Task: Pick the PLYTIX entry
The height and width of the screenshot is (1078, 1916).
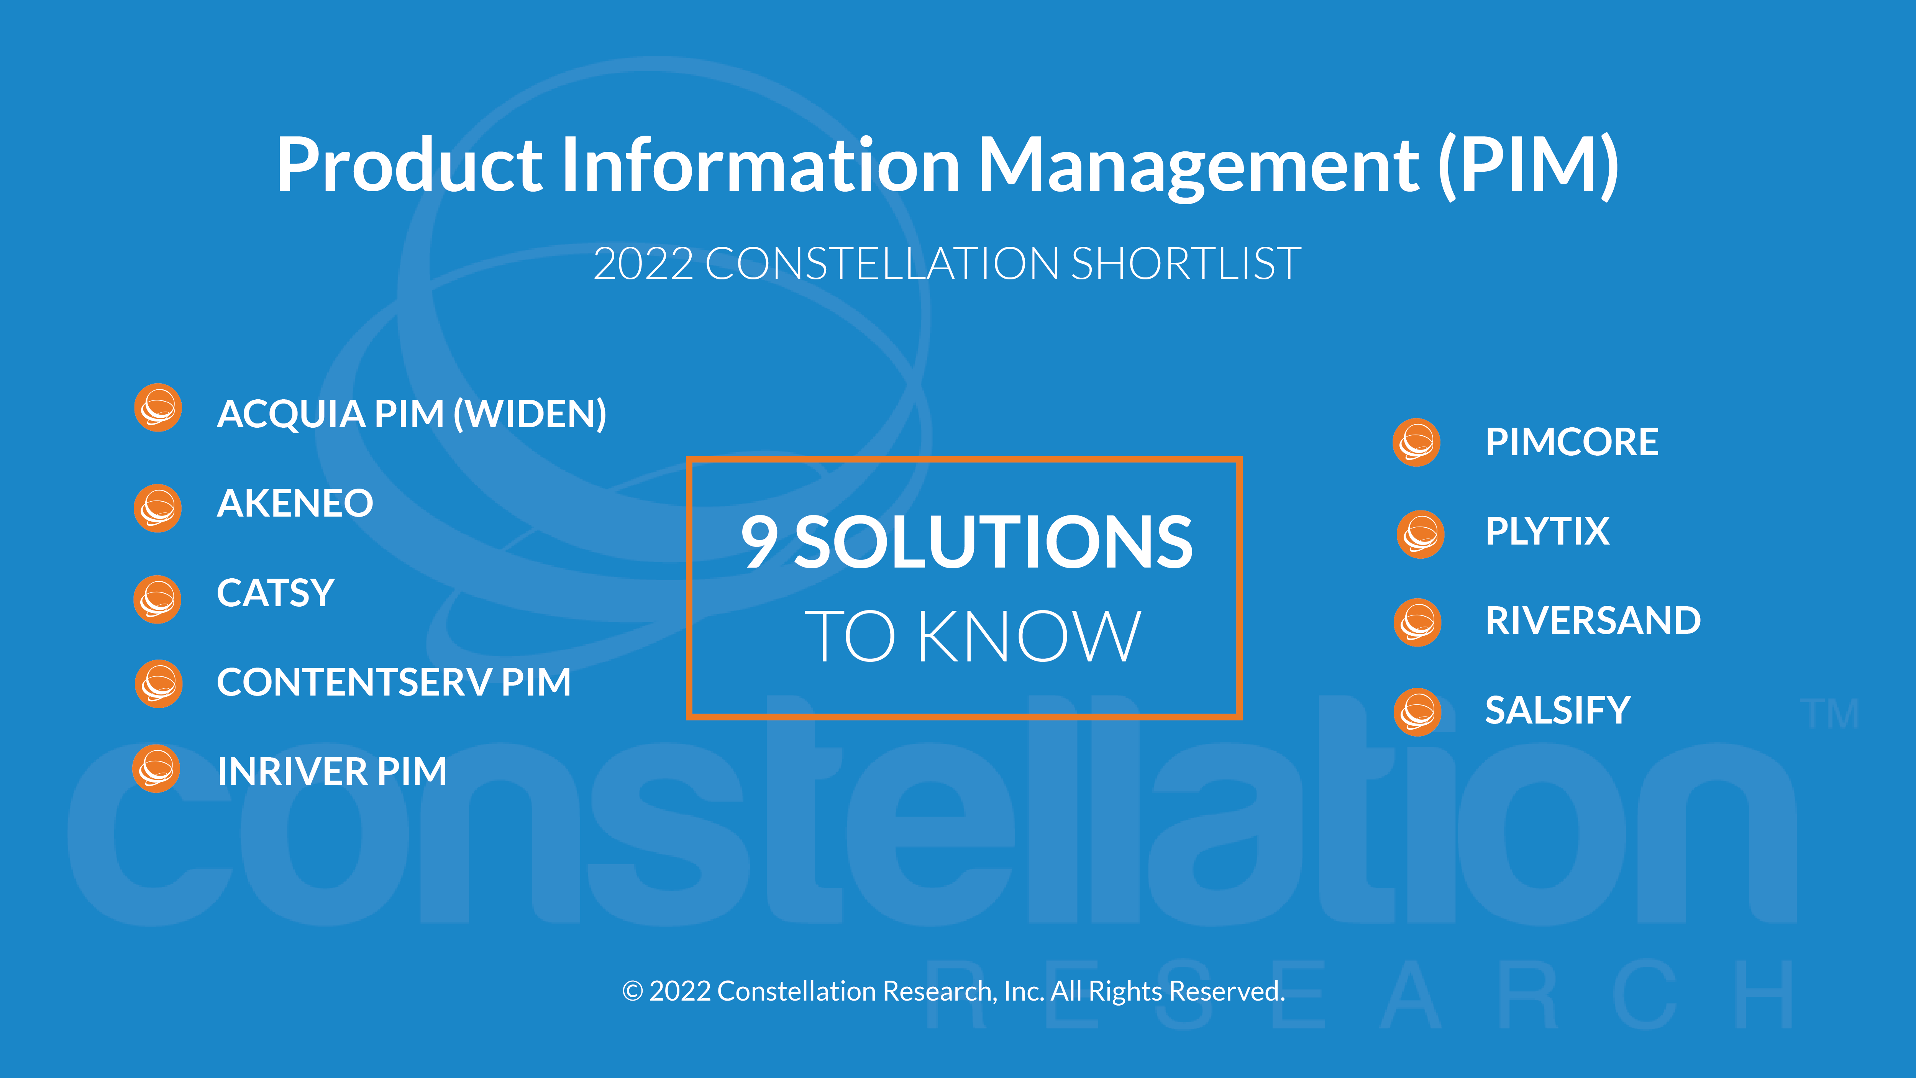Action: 1547,531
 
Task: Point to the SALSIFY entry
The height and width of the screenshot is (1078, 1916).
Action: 1557,710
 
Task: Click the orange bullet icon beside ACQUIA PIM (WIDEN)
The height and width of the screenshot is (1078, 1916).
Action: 157,408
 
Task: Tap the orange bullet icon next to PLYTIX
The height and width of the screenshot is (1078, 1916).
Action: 1421,534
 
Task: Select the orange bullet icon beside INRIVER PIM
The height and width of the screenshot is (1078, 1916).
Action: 156,768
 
